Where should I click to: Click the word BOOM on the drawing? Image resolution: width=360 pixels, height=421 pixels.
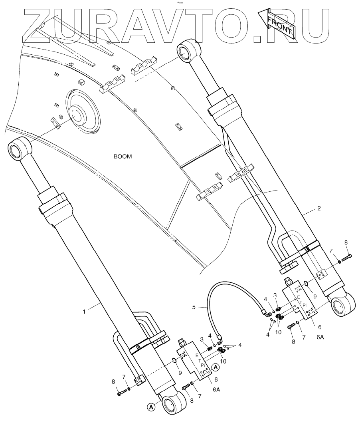point(123,157)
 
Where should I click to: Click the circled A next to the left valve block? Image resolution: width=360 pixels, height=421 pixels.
point(215,367)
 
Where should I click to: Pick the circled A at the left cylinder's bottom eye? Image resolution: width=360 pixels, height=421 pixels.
point(151,407)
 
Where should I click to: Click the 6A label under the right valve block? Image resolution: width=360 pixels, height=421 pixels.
point(320,337)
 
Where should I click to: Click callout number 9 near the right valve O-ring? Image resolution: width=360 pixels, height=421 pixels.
point(315,296)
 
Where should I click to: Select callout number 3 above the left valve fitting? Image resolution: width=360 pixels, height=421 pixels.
point(203,339)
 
